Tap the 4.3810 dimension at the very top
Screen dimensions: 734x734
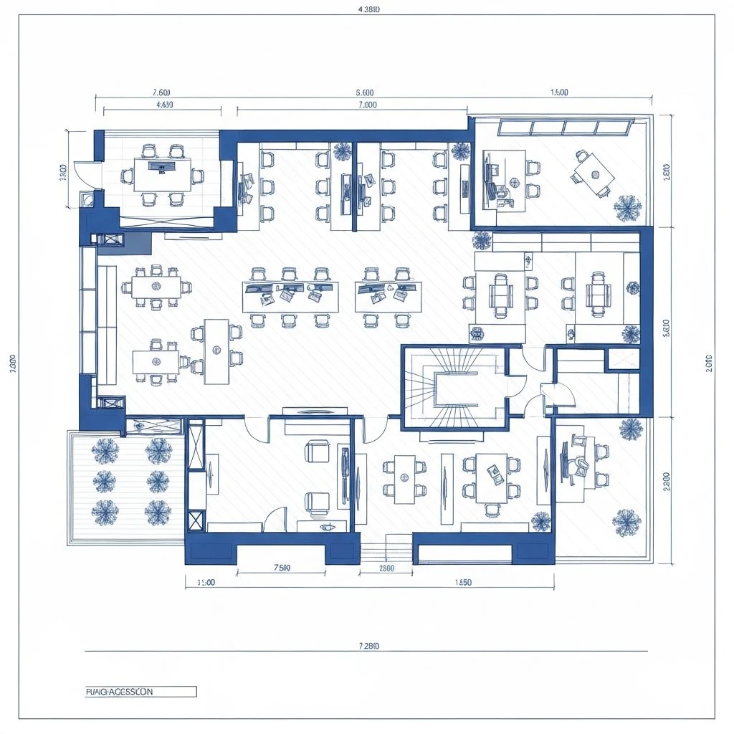point(368,9)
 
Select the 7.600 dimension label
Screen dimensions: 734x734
point(161,92)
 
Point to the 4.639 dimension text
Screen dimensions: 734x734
point(164,105)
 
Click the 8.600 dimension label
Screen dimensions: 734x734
point(364,92)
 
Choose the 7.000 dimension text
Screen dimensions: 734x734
point(366,105)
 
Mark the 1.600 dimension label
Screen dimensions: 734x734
point(559,92)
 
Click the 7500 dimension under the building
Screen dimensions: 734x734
point(282,568)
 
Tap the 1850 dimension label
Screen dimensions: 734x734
point(463,582)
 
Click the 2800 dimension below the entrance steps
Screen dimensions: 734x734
point(386,568)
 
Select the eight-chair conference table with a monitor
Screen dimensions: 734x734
point(163,171)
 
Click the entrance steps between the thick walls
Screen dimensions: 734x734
point(386,550)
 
